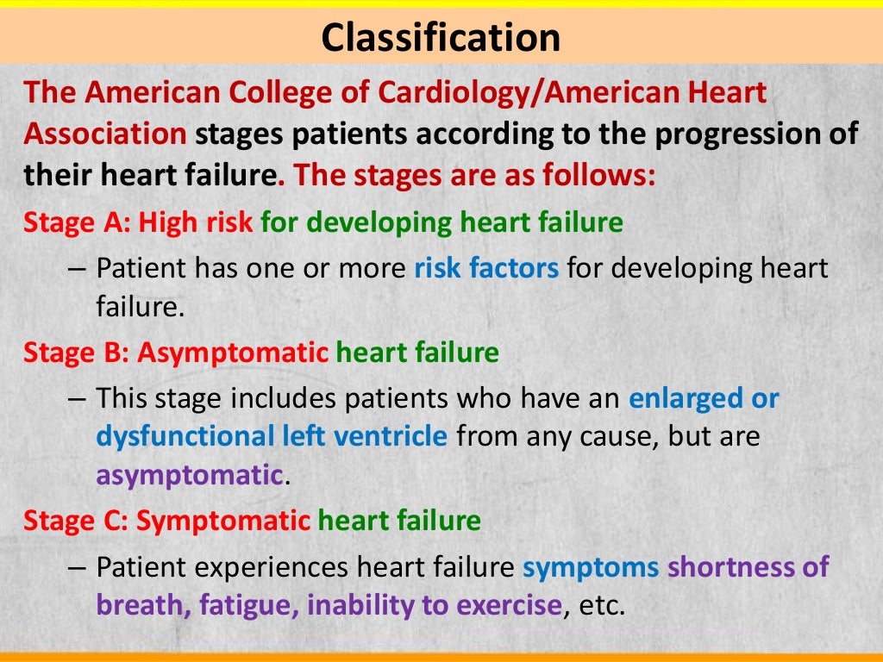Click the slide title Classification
pos(441,38)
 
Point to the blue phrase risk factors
pos(486,268)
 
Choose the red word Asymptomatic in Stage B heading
pos(233,353)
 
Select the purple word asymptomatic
pos(190,475)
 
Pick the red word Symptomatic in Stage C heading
pos(223,521)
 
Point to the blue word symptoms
pos(591,567)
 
